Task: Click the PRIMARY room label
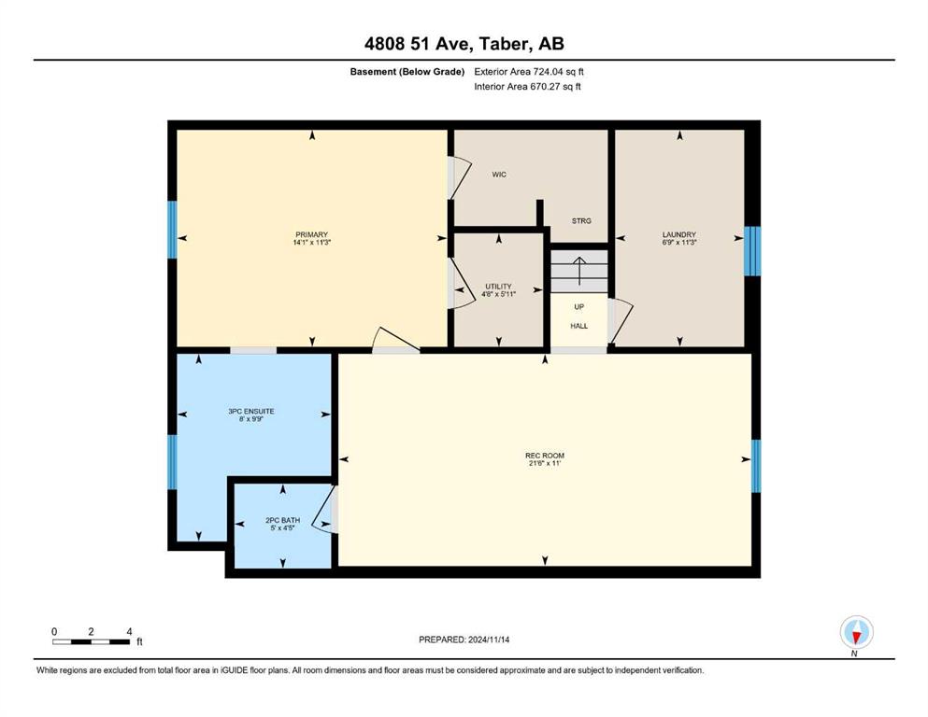311,234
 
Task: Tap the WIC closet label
499,175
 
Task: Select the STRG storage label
581,220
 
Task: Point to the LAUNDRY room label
678,234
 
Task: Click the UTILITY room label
498,286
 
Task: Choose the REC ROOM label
545,456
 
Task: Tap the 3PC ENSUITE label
251,412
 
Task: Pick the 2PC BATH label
282,520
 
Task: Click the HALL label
578,326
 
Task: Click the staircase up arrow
578,271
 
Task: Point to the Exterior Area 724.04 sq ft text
529,72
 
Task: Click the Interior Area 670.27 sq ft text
527,86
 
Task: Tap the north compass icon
856,632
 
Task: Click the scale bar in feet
92,641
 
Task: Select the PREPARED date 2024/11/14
464,640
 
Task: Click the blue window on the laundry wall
752,251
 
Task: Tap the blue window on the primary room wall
172,230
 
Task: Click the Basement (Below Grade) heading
407,72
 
